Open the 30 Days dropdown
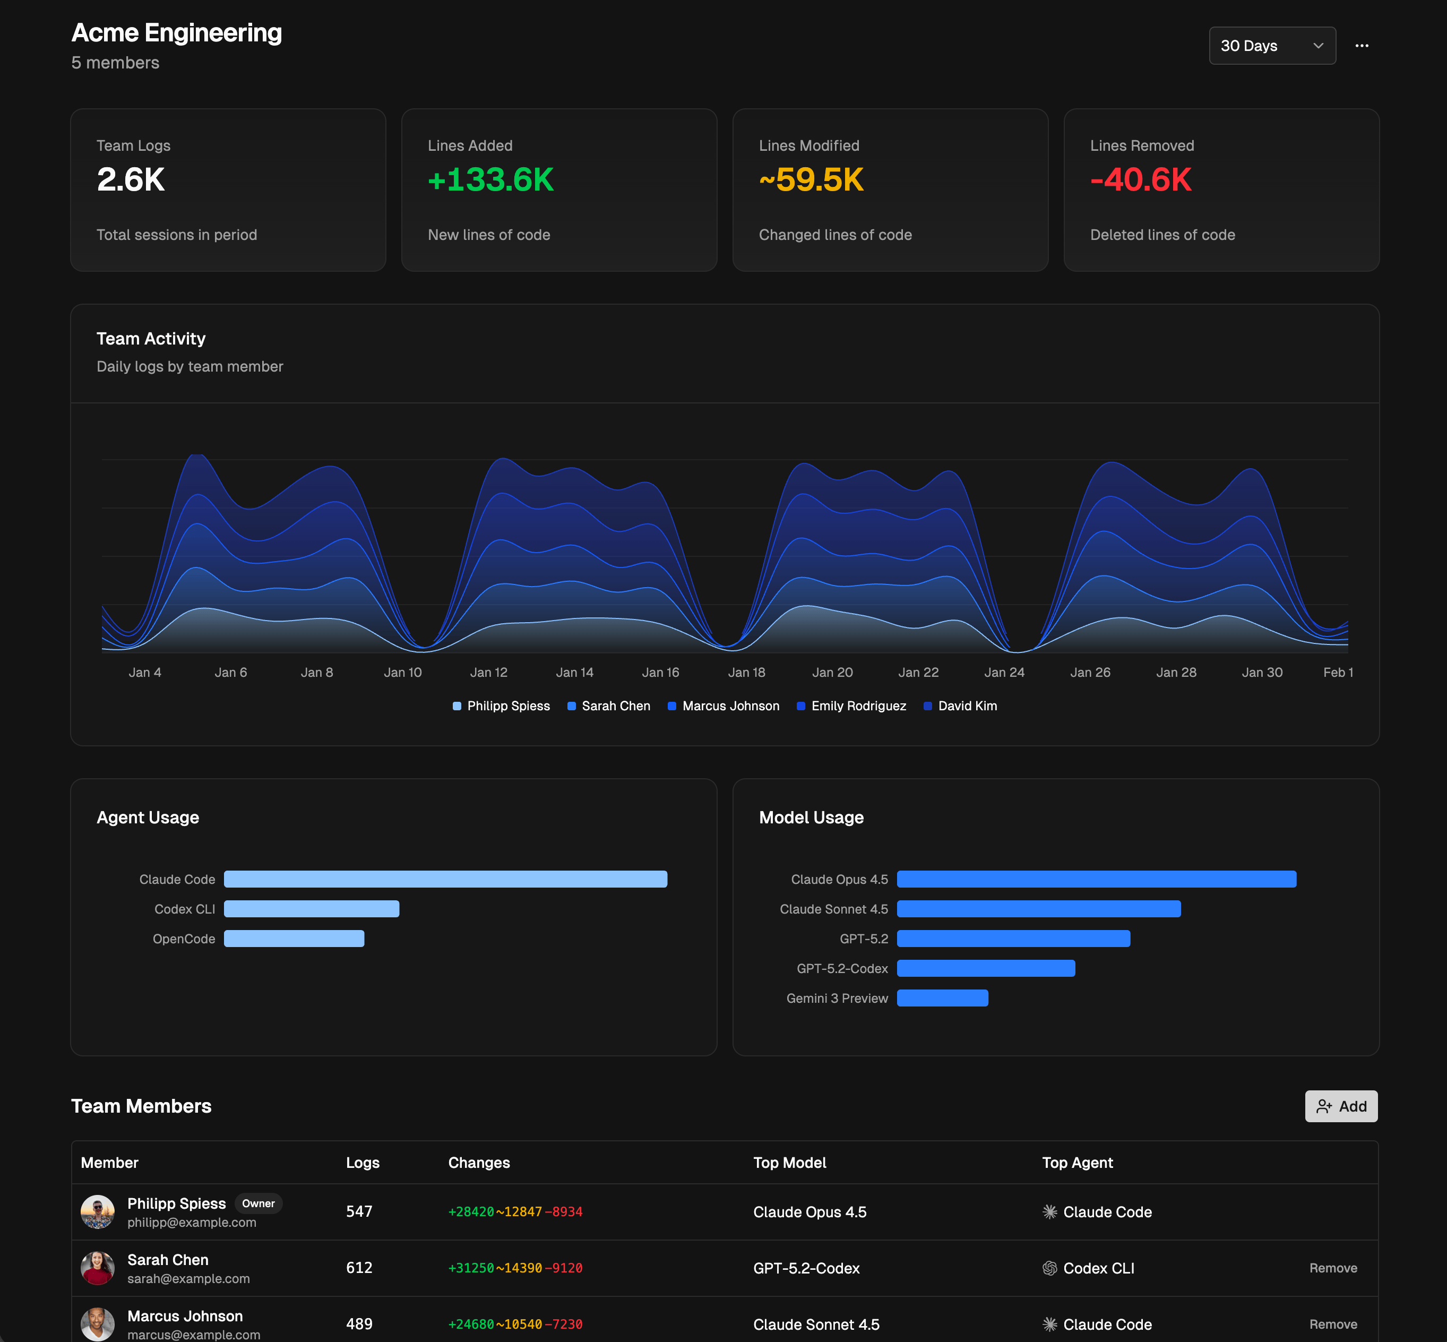(1271, 46)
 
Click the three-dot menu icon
(1362, 46)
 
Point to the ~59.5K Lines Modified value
(811, 179)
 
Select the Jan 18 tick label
(746, 673)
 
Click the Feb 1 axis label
(1337, 673)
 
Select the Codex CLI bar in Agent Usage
(312, 909)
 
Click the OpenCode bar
(294, 939)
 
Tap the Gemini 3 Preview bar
(942, 999)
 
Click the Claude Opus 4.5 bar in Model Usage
(1096, 880)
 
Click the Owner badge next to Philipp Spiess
(258, 1203)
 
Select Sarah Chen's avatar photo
(97, 1268)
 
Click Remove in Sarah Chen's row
(1332, 1268)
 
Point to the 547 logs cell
(359, 1211)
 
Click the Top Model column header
(789, 1163)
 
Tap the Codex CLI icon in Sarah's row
(1049, 1268)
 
